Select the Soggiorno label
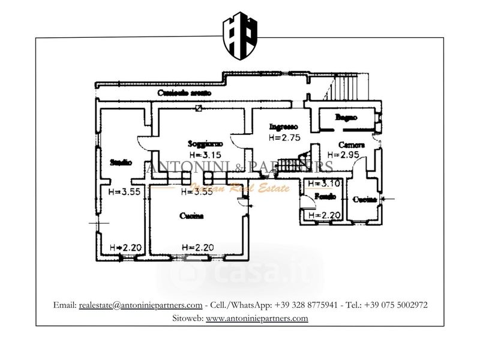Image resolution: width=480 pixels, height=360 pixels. (x=205, y=144)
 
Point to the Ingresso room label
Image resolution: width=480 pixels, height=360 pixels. (x=283, y=127)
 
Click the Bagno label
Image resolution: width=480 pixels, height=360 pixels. (x=346, y=118)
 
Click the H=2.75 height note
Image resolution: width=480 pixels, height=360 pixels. (x=283, y=137)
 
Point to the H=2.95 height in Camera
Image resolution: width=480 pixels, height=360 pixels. (x=348, y=155)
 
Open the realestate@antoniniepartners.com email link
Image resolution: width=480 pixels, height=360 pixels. (x=140, y=305)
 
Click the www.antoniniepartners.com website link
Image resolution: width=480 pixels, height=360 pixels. (x=257, y=318)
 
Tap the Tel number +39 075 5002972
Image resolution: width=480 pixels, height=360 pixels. (x=395, y=305)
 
